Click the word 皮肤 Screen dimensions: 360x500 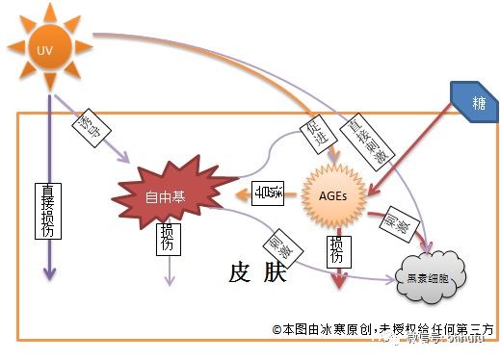[x=257, y=273]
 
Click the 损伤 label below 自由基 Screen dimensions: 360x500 [x=168, y=240]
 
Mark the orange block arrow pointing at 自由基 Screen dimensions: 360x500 [x=241, y=195]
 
